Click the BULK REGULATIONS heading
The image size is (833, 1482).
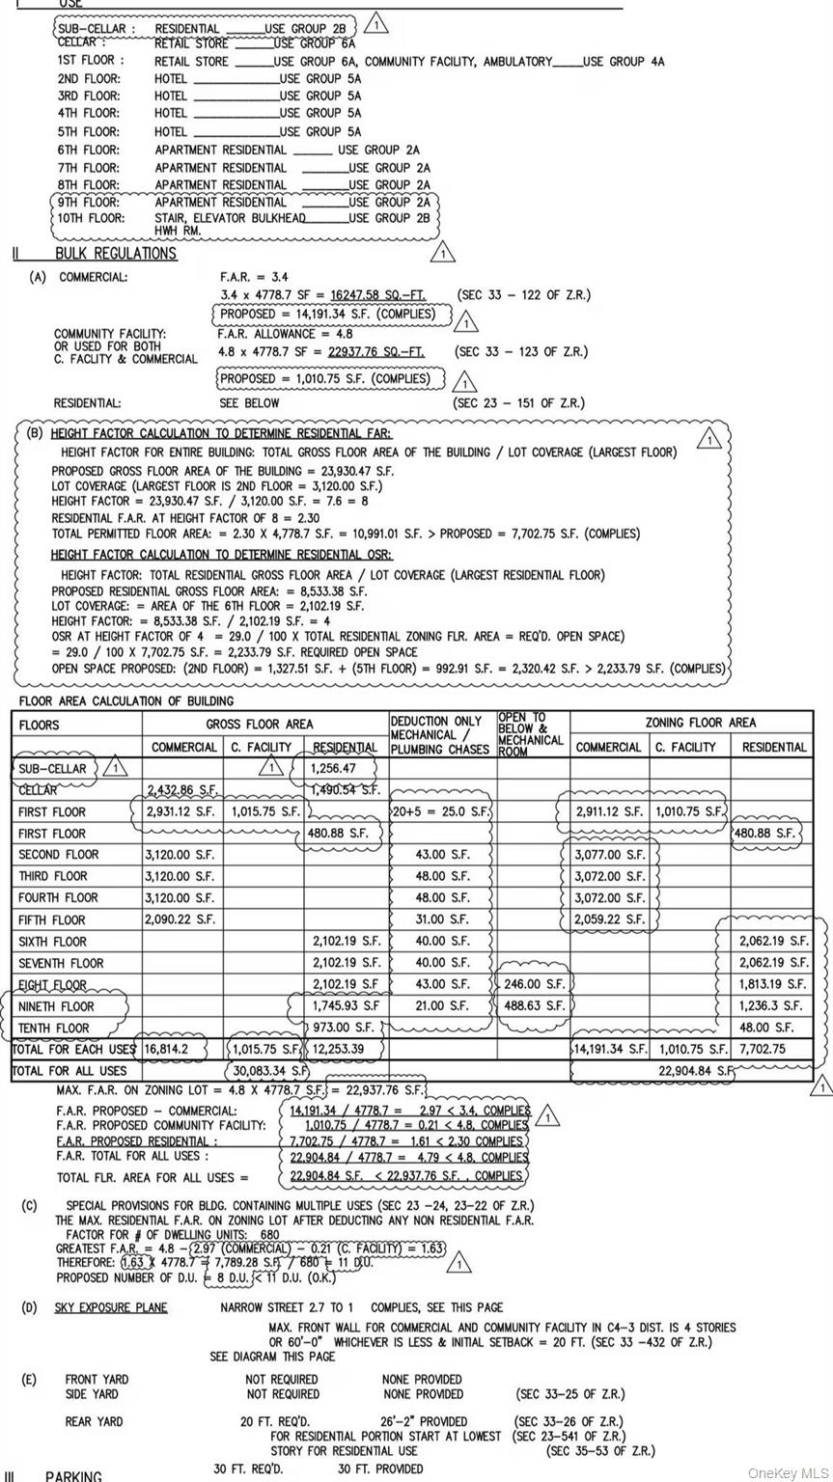pyautogui.click(x=116, y=254)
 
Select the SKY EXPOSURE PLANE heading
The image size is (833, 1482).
pyautogui.click(x=110, y=1307)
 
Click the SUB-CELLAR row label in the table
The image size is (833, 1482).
pyautogui.click(x=52, y=769)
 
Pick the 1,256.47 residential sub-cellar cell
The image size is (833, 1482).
pyautogui.click(x=333, y=769)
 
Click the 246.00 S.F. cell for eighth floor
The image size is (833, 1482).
pyautogui.click(x=533, y=984)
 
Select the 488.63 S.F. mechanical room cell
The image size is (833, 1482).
pyautogui.click(x=533, y=1005)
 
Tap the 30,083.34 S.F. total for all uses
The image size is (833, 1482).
pyautogui.click(x=269, y=1070)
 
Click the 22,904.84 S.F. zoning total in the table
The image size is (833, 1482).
pyautogui.click(x=695, y=1070)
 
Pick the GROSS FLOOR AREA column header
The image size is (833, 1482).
pyautogui.click(x=259, y=724)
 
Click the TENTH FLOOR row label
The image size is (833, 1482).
pyautogui.click(x=53, y=1028)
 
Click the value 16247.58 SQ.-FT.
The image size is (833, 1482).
pyautogui.click(x=376, y=295)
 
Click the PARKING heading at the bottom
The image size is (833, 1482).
pyautogui.click(x=74, y=1475)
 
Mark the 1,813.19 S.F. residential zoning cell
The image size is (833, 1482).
pyautogui.click(x=772, y=984)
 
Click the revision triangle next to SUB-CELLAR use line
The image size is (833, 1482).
pyautogui.click(x=377, y=23)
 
